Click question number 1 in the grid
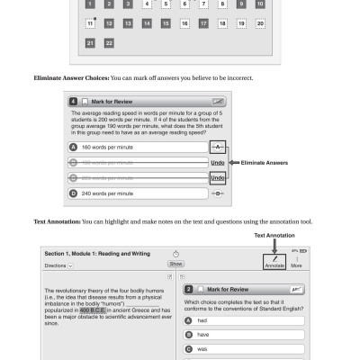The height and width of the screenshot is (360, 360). pyautogui.click(x=90, y=4)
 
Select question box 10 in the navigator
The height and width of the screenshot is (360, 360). pyautogui.click(x=260, y=4)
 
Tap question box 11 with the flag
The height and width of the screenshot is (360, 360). pyautogui.click(x=90, y=23)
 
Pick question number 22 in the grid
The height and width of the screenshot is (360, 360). pyautogui.click(x=109, y=42)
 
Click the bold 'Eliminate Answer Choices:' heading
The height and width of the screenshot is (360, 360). pyautogui.click(x=72, y=78)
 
